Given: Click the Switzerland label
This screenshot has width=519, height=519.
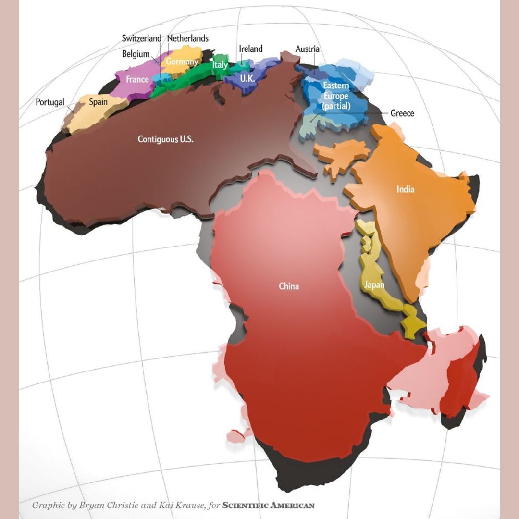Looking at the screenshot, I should (141, 38).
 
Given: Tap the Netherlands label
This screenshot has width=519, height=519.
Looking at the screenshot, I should (188, 38).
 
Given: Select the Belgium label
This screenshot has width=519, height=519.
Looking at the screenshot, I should (136, 54).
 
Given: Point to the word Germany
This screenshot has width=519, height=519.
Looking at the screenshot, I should (182, 62).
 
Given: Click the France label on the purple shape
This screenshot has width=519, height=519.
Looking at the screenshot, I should (137, 79).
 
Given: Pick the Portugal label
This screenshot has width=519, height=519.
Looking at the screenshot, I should (50, 102).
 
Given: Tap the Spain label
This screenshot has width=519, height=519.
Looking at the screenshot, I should (98, 102).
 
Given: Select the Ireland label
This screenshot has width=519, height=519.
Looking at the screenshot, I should (251, 49).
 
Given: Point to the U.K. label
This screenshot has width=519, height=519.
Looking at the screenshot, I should (247, 78).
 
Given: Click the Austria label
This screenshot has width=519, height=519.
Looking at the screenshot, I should (308, 49).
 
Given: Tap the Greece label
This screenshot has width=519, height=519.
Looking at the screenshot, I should (402, 113).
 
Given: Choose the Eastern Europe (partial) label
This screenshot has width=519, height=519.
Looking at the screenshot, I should (336, 96).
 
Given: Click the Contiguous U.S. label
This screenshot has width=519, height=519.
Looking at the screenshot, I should (166, 139).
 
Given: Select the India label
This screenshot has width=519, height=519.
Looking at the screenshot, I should (405, 189).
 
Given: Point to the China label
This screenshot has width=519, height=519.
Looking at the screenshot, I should (289, 286).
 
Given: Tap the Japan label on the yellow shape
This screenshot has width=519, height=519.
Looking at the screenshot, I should (374, 285).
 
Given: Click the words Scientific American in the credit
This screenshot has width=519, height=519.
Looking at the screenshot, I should (269, 505).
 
